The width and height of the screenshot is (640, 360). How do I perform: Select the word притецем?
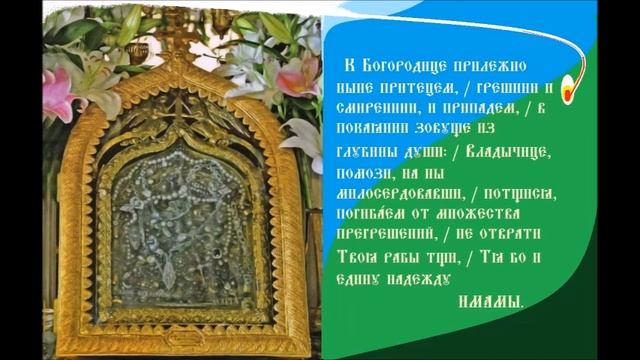pos(393,87)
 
